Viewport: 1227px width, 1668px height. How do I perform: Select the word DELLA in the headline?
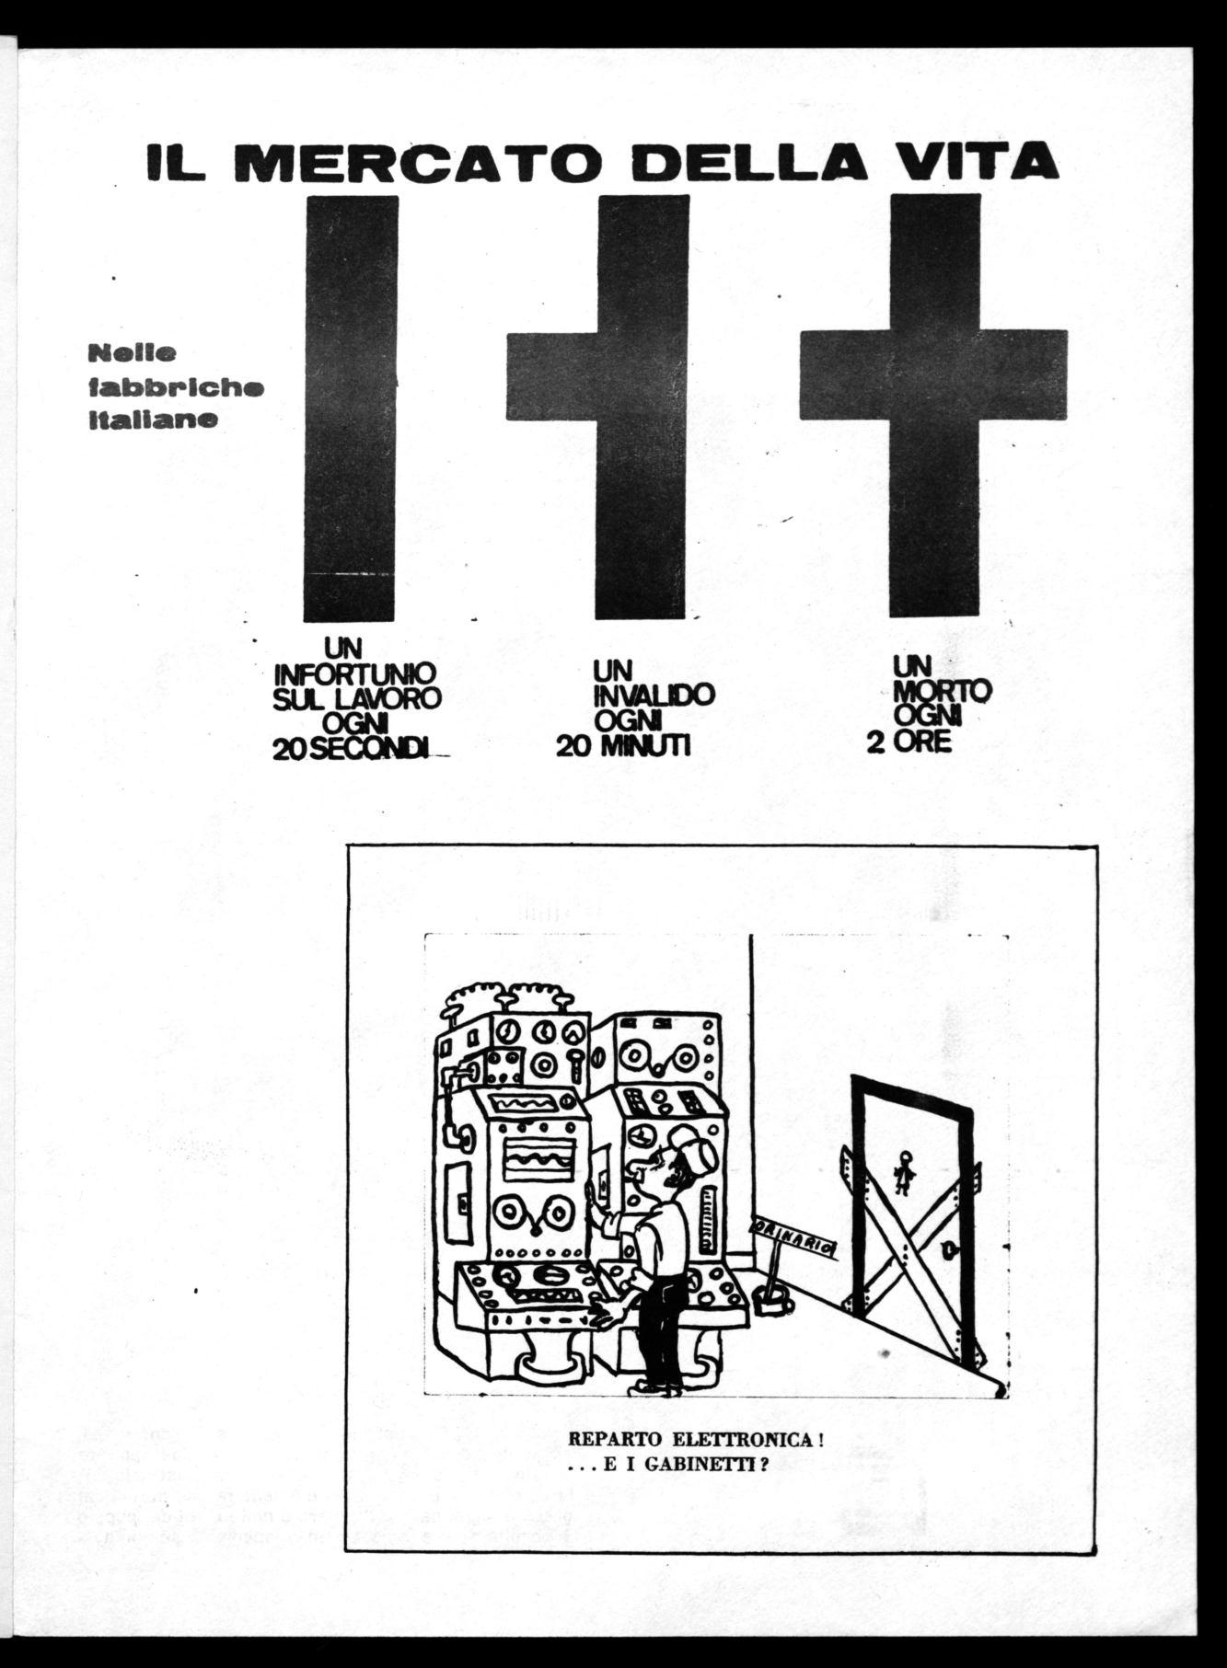tap(780, 162)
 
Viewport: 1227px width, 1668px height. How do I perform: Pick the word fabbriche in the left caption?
tap(176, 387)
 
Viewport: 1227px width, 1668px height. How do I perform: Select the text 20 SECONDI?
tap(351, 750)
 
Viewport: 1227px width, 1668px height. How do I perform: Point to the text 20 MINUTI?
tap(623, 746)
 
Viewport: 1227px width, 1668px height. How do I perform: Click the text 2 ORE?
tap(909, 742)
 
